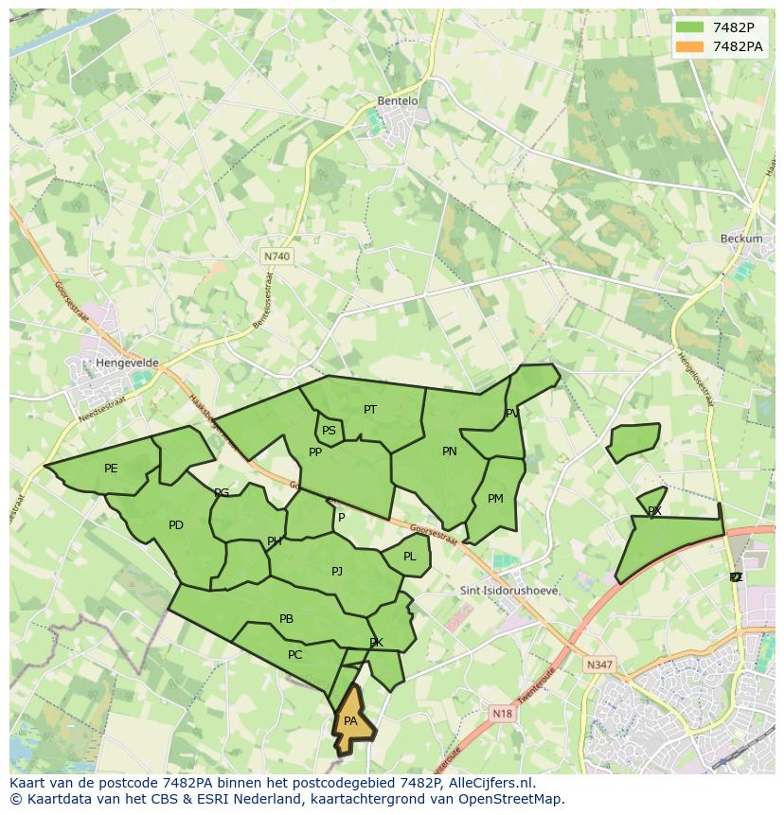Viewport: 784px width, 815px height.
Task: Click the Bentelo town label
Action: pyautogui.click(x=397, y=100)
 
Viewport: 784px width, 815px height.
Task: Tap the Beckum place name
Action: pyautogui.click(x=740, y=239)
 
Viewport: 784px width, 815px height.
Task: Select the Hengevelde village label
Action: pyautogui.click(x=127, y=363)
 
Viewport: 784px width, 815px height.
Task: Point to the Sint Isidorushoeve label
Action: pyautogui.click(x=508, y=591)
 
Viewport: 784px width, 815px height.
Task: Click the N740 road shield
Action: pyautogui.click(x=276, y=257)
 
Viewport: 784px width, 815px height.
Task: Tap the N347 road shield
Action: pyautogui.click(x=598, y=664)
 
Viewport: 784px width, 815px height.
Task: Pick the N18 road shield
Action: pyautogui.click(x=502, y=714)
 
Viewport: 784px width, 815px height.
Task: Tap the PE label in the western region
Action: pyautogui.click(x=111, y=469)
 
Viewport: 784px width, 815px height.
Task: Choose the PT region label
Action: pyautogui.click(x=370, y=410)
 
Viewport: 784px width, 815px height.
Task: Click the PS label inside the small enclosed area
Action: pyautogui.click(x=329, y=431)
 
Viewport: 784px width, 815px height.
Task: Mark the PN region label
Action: pyautogui.click(x=449, y=452)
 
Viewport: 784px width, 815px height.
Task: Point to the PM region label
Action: pyautogui.click(x=495, y=499)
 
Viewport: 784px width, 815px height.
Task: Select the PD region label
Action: pyautogui.click(x=175, y=525)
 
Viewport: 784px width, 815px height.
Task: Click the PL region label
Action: pyautogui.click(x=409, y=557)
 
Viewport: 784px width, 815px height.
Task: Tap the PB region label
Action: pyautogui.click(x=286, y=619)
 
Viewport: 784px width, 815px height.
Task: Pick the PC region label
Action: pyautogui.click(x=294, y=655)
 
